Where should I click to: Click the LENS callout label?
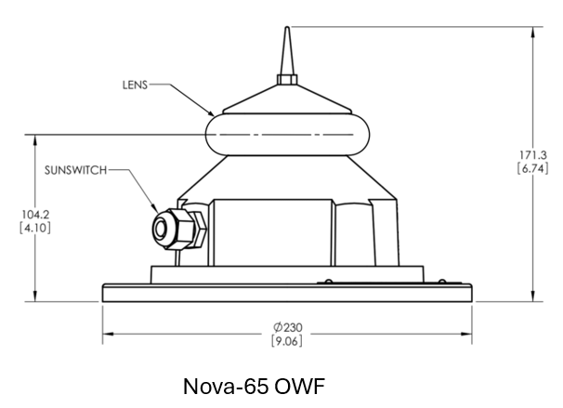(135, 86)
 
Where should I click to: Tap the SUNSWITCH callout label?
(76, 170)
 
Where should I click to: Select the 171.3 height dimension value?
(533, 155)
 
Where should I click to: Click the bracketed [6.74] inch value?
(533, 168)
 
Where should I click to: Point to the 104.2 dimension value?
(35, 215)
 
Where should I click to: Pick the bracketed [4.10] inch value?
(35, 228)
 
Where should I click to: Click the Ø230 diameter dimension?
(288, 327)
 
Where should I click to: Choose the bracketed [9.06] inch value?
(287, 341)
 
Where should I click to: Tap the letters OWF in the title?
(299, 387)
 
